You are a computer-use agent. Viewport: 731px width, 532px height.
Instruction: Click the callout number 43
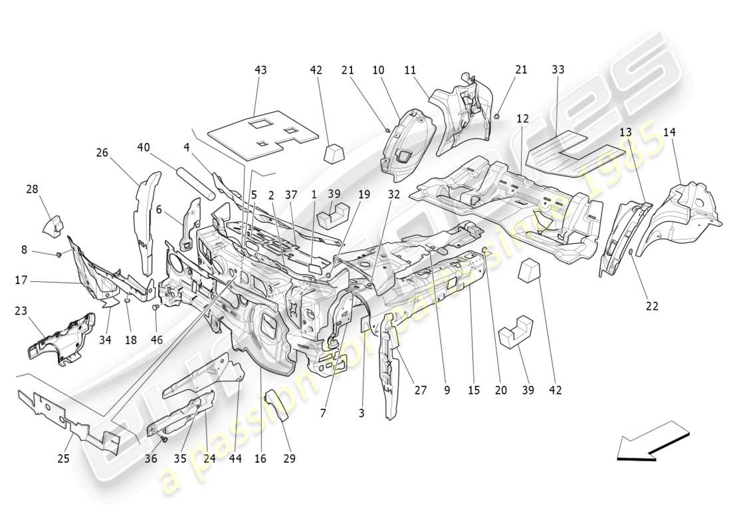(261, 70)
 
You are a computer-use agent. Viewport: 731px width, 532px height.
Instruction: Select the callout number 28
(33, 190)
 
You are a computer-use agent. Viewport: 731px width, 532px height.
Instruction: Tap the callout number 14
(669, 132)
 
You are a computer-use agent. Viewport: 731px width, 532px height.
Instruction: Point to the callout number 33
(558, 70)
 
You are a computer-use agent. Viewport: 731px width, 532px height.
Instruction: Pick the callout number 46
(156, 340)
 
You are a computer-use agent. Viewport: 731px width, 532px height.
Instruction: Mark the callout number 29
(290, 459)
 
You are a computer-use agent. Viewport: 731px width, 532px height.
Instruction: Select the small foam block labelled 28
(54, 224)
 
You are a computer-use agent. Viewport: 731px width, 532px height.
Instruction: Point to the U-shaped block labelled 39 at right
(517, 331)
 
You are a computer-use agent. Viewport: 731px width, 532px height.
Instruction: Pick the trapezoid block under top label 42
(336, 154)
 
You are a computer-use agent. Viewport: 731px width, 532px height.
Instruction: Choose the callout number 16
(260, 459)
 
